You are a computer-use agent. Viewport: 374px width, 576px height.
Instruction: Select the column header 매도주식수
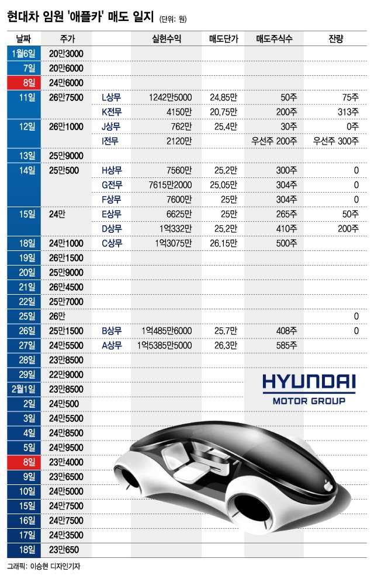click(x=274, y=39)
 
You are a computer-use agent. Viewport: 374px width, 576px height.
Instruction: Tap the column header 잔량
click(x=335, y=39)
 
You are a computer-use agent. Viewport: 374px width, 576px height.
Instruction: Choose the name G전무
click(x=111, y=185)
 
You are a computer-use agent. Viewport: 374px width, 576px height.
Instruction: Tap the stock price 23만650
click(x=64, y=550)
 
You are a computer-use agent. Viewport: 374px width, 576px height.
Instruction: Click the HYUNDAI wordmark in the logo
click(x=309, y=382)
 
